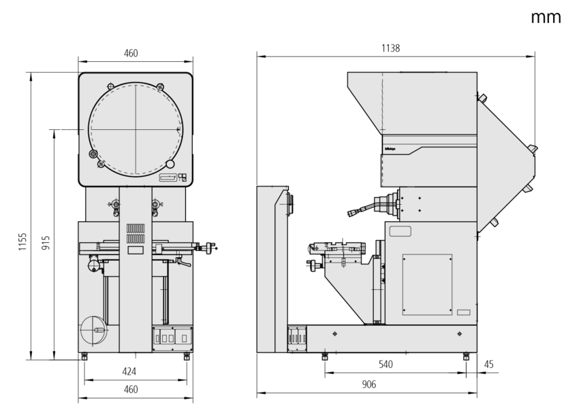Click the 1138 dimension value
(x=390, y=48)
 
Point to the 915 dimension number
(x=46, y=242)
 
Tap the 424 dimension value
(x=129, y=371)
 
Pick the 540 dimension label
(x=386, y=365)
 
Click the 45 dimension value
(x=488, y=365)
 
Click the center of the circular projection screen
(x=136, y=128)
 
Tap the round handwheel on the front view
(x=94, y=331)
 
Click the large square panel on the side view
(x=427, y=284)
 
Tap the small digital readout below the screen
(x=168, y=178)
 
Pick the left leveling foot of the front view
(x=84, y=356)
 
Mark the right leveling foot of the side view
(x=466, y=356)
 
